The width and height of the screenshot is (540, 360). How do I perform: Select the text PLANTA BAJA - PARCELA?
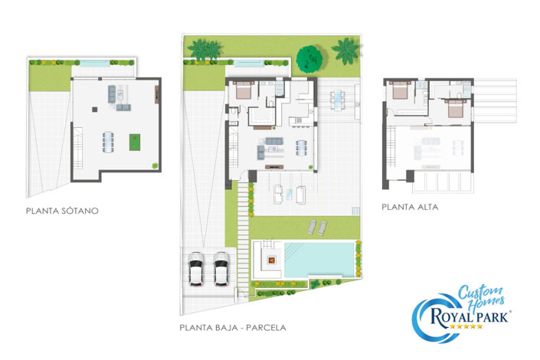pyautogui.click(x=233, y=327)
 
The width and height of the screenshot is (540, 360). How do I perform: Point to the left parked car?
pyautogui.click(x=196, y=267)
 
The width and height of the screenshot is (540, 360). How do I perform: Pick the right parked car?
pyautogui.click(x=221, y=267)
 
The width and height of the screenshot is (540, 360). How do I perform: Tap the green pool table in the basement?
pyautogui.click(x=135, y=142)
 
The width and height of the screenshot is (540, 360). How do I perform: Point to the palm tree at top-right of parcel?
pyautogui.click(x=345, y=51)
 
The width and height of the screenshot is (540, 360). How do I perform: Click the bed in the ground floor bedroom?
pyautogui.click(x=244, y=91)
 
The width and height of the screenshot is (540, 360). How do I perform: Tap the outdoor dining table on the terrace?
pyautogui.click(x=338, y=97)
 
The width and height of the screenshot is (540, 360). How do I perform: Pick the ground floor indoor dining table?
pyautogui.click(x=302, y=147)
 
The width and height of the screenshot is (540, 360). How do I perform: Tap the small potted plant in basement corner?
pyautogui.click(x=155, y=164)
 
